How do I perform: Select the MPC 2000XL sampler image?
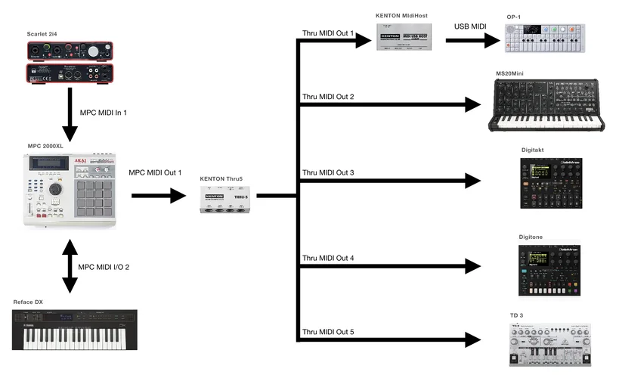(70, 190)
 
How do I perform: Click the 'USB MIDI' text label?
(469, 26)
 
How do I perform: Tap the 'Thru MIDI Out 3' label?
(328, 172)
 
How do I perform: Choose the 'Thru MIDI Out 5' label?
(328, 331)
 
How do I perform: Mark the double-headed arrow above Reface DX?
(70, 266)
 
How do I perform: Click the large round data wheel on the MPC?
(54, 188)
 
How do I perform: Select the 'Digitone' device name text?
(531, 237)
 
